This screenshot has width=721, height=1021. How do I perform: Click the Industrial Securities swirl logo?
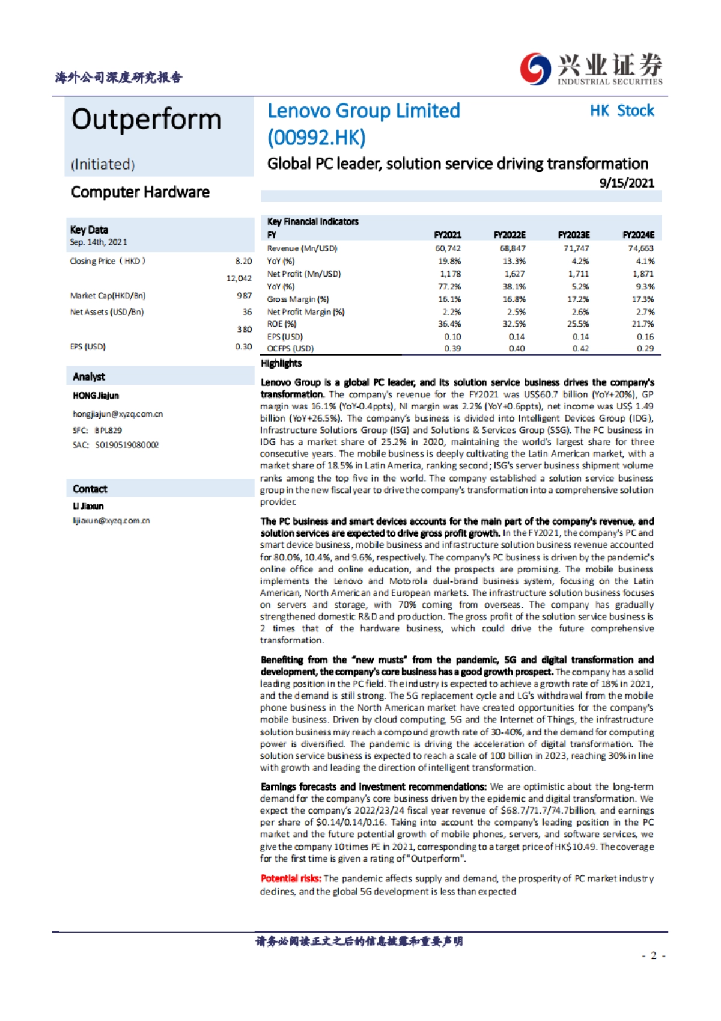point(535,69)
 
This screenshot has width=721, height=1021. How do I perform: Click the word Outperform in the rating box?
point(147,120)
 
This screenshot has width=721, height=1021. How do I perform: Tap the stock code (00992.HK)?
point(316,138)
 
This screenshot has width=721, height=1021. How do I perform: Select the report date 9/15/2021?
point(626,183)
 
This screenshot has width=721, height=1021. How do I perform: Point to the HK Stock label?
point(621,111)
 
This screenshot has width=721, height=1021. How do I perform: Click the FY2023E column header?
point(573,235)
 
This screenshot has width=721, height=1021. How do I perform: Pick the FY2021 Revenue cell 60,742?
point(448,248)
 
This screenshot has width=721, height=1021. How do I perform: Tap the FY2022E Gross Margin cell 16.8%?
point(514,299)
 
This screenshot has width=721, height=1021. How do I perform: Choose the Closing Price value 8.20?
point(243,261)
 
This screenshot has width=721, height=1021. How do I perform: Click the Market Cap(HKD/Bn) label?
point(108,296)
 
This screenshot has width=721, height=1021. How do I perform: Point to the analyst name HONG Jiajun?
point(96,396)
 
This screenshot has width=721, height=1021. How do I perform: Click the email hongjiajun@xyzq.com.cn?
point(118,414)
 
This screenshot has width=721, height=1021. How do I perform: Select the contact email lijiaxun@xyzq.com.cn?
point(111,521)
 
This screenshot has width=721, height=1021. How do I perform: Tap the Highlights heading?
point(281,363)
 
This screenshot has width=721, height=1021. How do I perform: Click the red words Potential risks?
point(291,878)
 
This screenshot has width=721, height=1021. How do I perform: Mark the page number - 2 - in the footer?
point(653,955)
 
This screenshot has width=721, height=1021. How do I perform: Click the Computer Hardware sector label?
point(140,192)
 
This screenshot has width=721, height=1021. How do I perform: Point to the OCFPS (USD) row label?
point(290,349)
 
